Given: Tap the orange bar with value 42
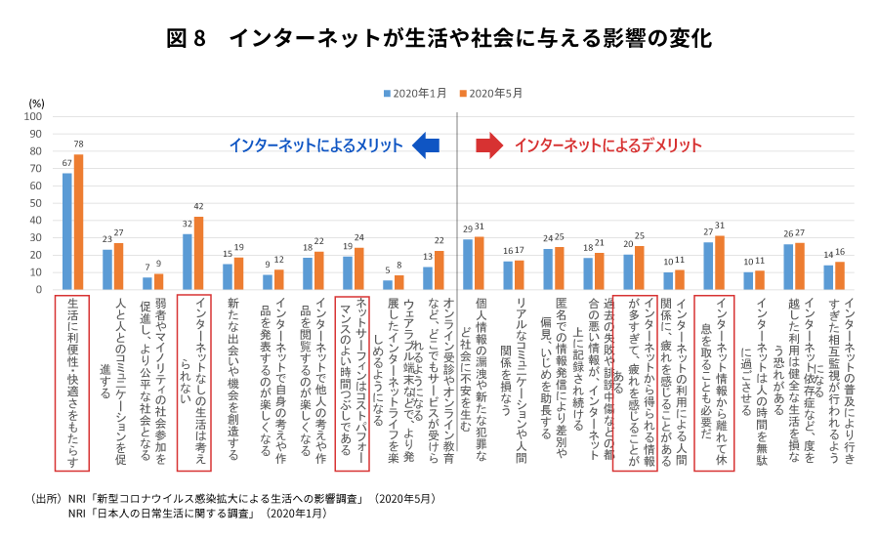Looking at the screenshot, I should [x=198, y=254].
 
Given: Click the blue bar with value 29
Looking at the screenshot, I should [x=468, y=265].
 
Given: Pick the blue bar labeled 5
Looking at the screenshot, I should [x=388, y=285].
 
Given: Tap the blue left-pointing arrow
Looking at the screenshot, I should [x=426, y=145].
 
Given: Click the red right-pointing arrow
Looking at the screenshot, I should [x=488, y=145].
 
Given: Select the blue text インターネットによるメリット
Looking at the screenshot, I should [x=315, y=145].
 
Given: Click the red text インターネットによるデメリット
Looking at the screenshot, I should [x=607, y=145].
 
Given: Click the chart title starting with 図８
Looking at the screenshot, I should [x=439, y=38].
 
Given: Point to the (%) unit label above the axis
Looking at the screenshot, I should [x=36, y=103].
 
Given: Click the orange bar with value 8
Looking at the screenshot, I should [x=398, y=282].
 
